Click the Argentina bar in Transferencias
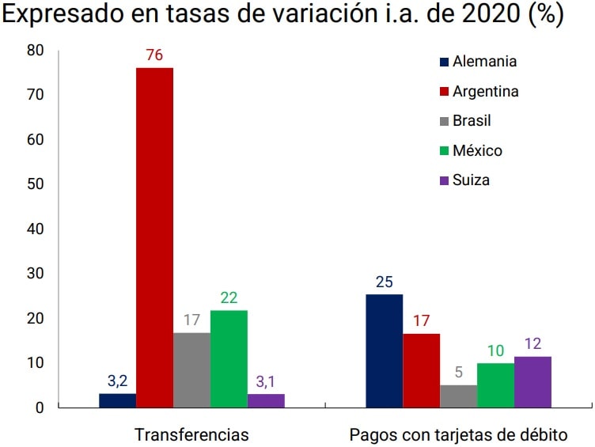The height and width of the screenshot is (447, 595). pos(154,237)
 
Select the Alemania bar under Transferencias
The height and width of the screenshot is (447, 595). pos(117,400)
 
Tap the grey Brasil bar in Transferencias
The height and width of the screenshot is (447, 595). pos(191,370)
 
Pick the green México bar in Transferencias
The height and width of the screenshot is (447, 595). pos(229,359)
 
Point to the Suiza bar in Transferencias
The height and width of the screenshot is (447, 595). pos(266,400)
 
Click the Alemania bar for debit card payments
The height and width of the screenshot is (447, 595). pos(384,350)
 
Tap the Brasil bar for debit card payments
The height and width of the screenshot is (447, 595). pos(458,396)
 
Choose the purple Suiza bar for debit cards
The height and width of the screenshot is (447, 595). pos(532,382)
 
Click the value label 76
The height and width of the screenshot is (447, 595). pos(154,55)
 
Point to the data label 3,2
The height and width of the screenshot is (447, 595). pos(117,381)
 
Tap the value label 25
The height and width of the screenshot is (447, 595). pos(384,282)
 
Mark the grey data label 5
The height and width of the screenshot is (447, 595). pos(458,373)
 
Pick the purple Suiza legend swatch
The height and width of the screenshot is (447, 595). pos(444,180)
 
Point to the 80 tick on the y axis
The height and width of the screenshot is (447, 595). pos(35,50)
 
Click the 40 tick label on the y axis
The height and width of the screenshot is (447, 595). pos(35,229)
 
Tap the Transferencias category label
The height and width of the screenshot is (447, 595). pos(191,435)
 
